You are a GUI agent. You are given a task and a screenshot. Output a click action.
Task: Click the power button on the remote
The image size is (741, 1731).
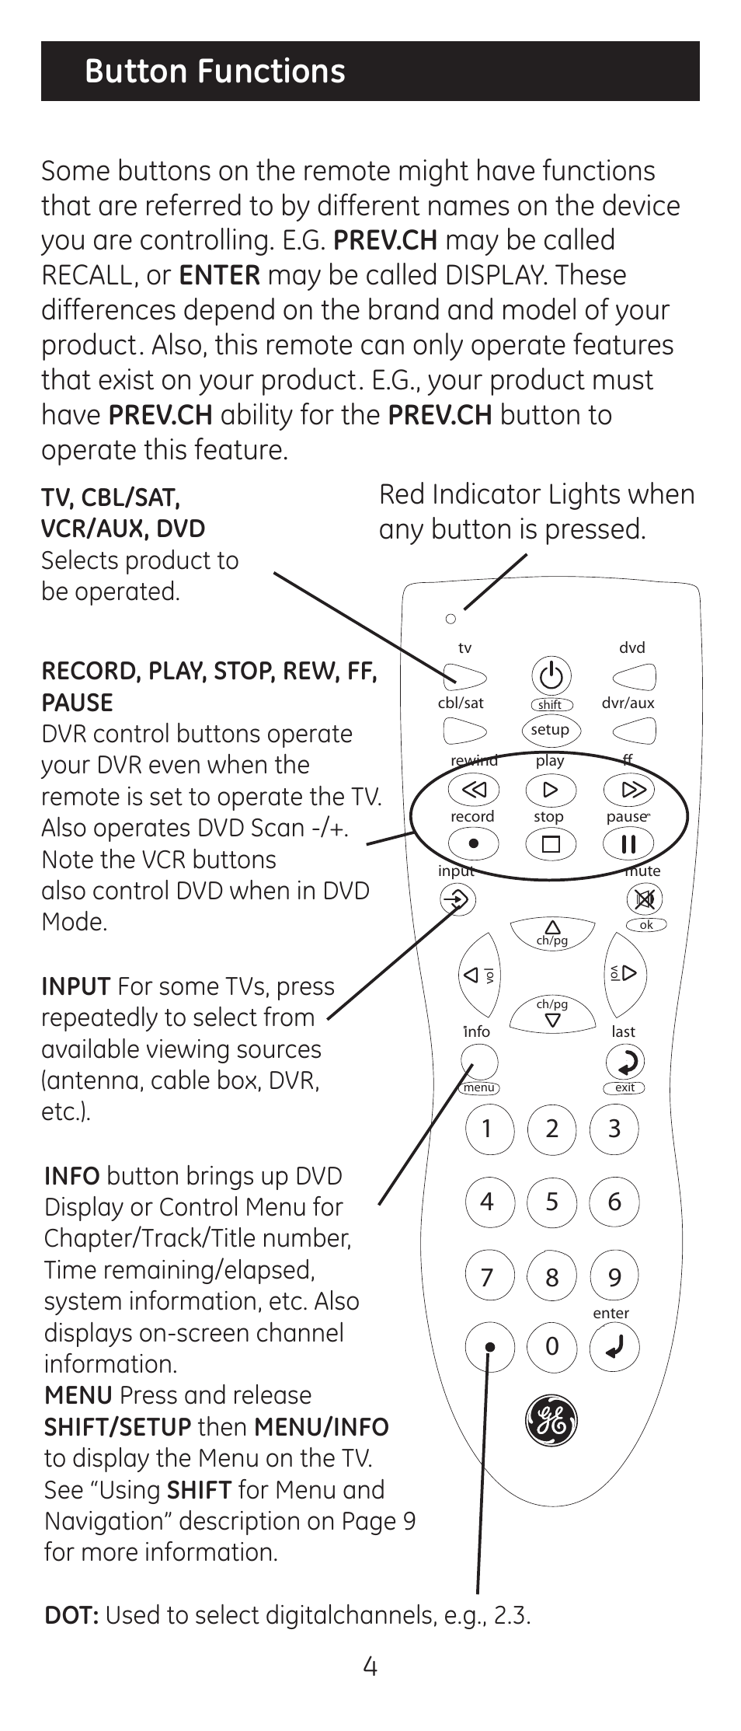pos(551,675)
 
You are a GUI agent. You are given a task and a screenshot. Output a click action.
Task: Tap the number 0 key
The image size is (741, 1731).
pos(551,1346)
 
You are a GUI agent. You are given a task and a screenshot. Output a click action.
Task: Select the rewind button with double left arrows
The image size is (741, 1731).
pos(473,790)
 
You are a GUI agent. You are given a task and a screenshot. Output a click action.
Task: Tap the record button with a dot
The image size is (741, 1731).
pos(473,843)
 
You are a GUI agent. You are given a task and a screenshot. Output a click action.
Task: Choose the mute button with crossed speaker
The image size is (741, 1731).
pos(645,899)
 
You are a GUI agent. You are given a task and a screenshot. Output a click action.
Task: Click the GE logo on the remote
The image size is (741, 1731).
pos(551,1422)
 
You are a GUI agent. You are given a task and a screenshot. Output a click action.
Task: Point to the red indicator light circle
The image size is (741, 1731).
pos(451,619)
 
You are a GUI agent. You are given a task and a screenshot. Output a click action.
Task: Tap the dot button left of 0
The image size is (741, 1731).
pos(489,1346)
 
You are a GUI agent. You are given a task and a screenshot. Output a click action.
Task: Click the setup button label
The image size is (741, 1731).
pos(550,730)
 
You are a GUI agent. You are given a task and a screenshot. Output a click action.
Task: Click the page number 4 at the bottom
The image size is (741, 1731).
pos(370,1666)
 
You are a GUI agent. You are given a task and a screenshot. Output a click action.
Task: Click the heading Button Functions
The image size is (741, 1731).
pos(215,71)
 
